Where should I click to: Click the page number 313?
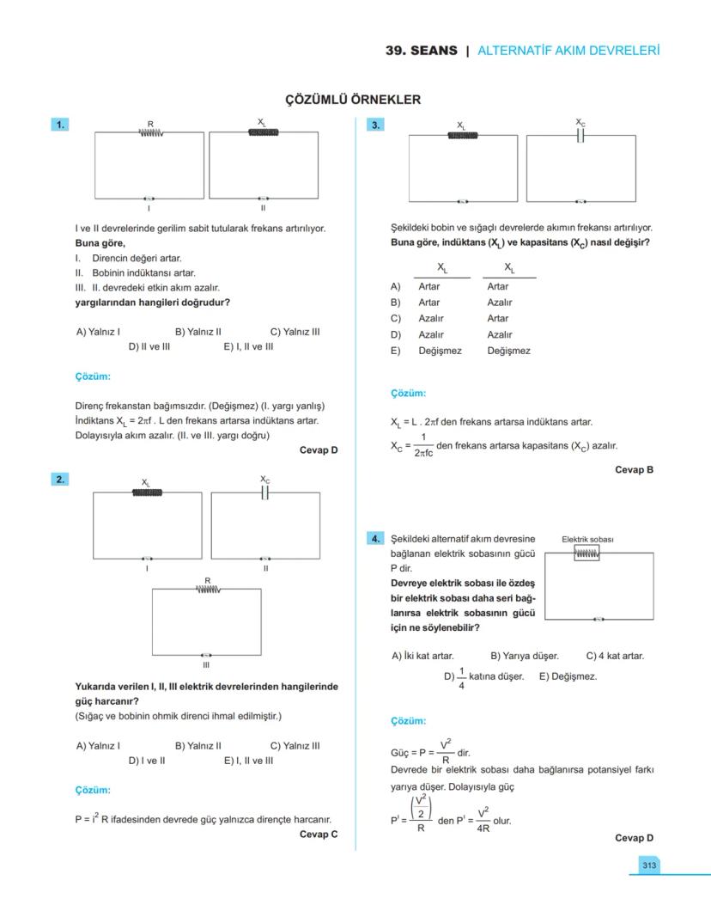click(x=649, y=865)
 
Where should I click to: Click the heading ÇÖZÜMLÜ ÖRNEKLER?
click(x=353, y=100)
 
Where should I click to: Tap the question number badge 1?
click(x=60, y=125)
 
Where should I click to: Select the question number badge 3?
click(x=375, y=125)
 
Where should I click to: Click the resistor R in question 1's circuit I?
click(x=150, y=132)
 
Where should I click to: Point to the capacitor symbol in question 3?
click(x=581, y=135)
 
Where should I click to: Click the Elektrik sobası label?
click(x=587, y=540)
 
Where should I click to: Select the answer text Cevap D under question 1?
click(x=319, y=450)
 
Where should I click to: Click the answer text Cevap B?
click(x=634, y=470)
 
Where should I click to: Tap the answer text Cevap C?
click(x=319, y=834)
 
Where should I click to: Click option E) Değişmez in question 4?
click(x=568, y=676)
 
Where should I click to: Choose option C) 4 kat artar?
click(x=615, y=656)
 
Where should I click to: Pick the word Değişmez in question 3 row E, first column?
click(x=440, y=351)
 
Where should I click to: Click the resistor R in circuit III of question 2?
click(x=207, y=590)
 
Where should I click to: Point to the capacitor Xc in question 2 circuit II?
click(x=265, y=492)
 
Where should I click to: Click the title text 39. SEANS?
click(x=422, y=51)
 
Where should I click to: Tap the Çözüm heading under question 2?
click(x=93, y=790)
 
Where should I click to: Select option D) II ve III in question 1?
click(x=149, y=347)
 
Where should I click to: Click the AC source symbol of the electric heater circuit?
click(x=599, y=619)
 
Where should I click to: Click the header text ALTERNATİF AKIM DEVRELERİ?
click(x=568, y=51)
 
